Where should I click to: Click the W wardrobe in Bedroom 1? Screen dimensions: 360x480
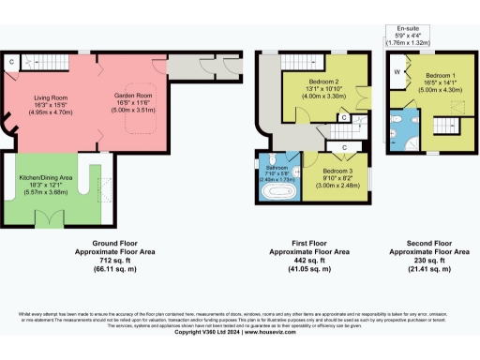[x=397, y=70]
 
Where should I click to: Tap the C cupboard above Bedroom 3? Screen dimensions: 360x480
[x=345, y=147]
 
